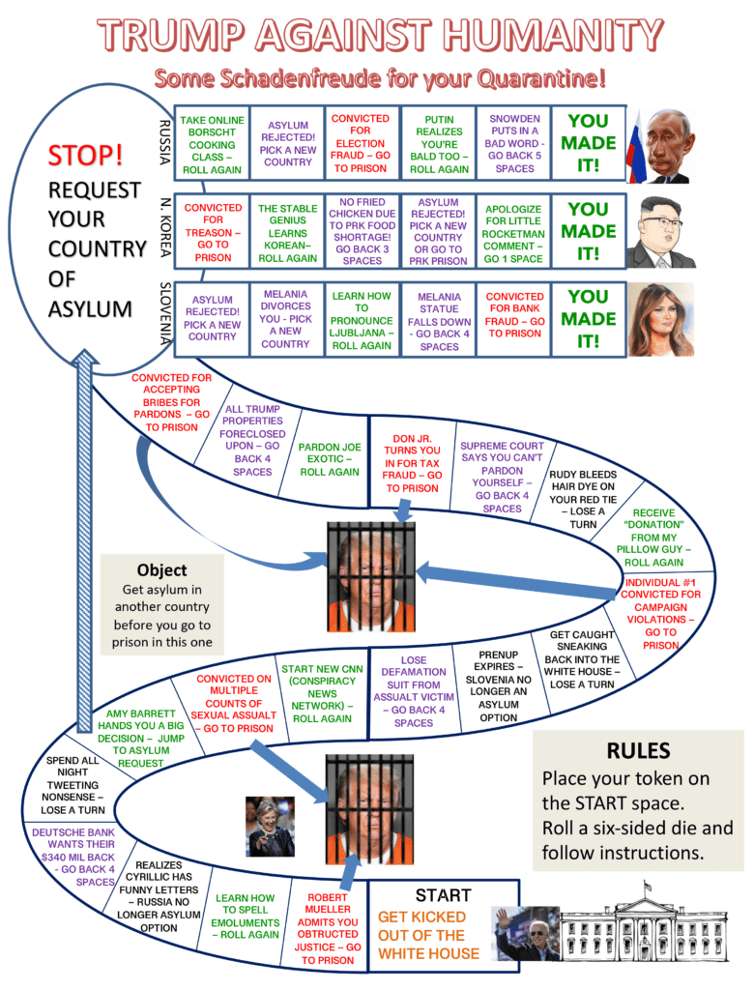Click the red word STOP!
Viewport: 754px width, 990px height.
[x=86, y=155]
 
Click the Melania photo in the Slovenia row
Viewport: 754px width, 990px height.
[x=661, y=319]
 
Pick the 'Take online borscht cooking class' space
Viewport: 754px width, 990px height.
[x=212, y=144]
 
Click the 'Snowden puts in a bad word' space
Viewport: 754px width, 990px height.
[x=514, y=144]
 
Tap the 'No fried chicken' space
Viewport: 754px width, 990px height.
[x=362, y=232]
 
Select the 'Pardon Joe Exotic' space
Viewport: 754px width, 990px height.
[x=330, y=459]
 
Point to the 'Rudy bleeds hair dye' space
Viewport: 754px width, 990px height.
[x=582, y=499]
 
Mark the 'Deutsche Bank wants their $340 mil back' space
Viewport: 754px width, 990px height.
[x=73, y=857]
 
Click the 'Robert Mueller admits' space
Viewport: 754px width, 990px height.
[x=328, y=928]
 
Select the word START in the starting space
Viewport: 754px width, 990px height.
[x=443, y=895]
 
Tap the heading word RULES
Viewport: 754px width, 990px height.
[x=638, y=750]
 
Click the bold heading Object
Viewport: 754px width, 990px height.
[x=161, y=569]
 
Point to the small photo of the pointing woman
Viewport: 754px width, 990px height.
[x=270, y=826]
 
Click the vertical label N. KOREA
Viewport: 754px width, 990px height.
[x=164, y=231]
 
